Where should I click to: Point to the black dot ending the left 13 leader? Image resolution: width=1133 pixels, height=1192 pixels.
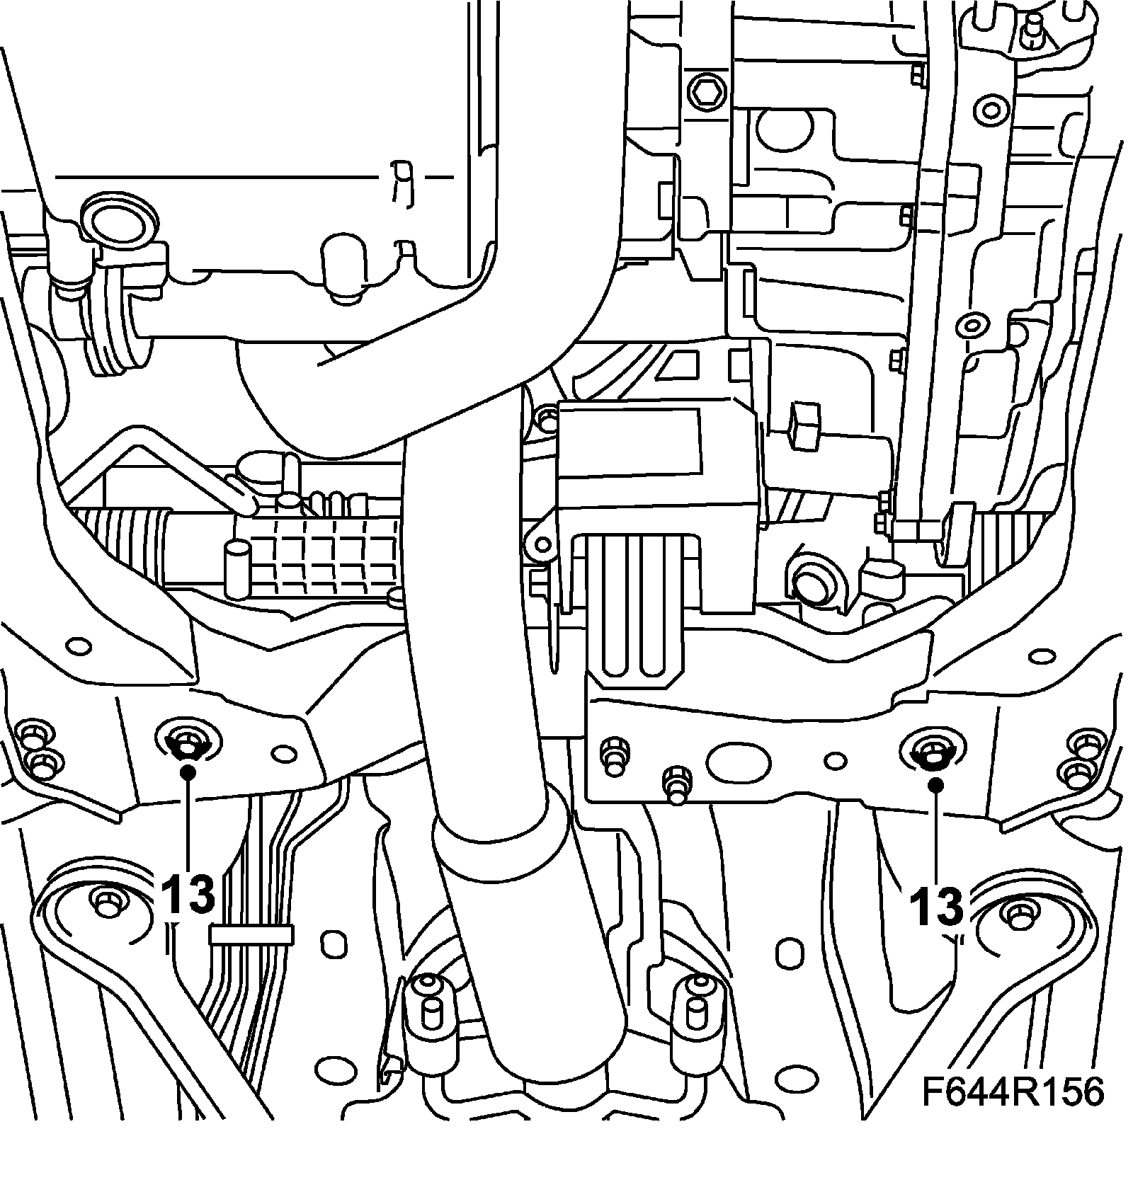coord(188,772)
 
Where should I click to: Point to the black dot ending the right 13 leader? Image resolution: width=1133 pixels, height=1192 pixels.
coord(936,784)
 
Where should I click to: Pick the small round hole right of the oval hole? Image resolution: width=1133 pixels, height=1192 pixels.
coord(836,760)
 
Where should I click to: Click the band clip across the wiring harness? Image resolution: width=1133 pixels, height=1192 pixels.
coord(251,935)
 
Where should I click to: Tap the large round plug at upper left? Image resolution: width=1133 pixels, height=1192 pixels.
coord(117,224)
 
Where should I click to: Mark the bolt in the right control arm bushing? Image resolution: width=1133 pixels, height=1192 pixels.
coord(1019,913)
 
